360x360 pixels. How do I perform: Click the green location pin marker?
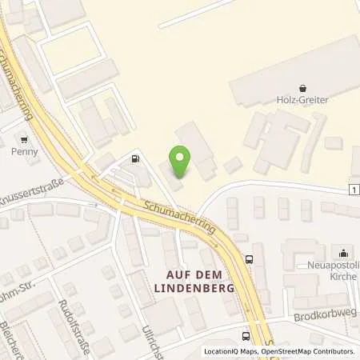pyautogui.click(x=181, y=162)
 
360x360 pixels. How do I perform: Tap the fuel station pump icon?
pyautogui.click(x=135, y=158)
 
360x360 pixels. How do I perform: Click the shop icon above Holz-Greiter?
pyautogui.click(x=302, y=88)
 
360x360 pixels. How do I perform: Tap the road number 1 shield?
pyautogui.click(x=354, y=189)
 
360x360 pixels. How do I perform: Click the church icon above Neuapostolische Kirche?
pyautogui.click(x=343, y=254)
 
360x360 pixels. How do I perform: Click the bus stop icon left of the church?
pyautogui.click(x=250, y=258)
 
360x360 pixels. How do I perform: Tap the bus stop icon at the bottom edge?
pyautogui.click(x=246, y=337)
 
